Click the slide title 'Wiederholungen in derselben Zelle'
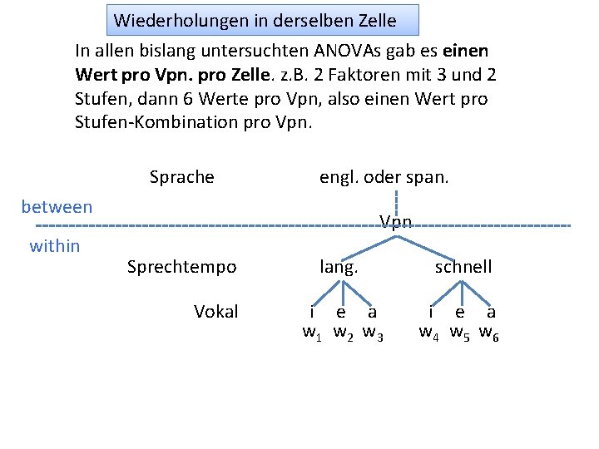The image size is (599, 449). coord(255,19)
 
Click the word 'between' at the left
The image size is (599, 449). coord(57,206)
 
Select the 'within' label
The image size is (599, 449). coord(55,245)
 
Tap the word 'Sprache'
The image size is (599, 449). coord(181,177)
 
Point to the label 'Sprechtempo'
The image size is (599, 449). coord(181,267)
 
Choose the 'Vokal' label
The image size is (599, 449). coord(215,312)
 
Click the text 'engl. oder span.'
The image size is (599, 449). coord(384,177)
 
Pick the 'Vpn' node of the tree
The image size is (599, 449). coord(396,221)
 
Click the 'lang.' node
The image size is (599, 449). coord(339,267)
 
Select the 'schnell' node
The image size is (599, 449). coord(463,267)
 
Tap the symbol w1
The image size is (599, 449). coord(313,334)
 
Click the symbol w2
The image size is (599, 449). coord(343,334)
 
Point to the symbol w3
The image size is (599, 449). coord(373,334)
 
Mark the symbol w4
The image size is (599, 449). coord(430,334)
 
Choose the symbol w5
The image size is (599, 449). coord(460,334)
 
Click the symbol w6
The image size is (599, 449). coord(489,334)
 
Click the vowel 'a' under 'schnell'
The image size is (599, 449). coord(491,313)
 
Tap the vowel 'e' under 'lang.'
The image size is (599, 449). coord(341,313)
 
